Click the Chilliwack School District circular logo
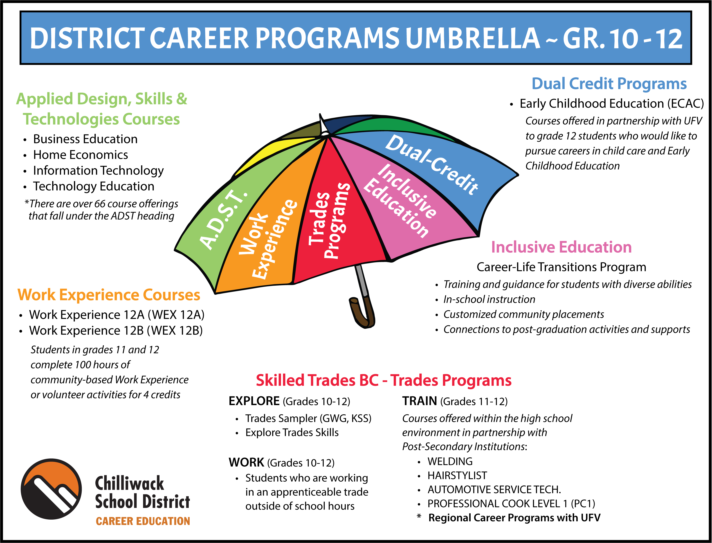pyautogui.click(x=51, y=489)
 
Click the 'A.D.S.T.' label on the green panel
pyautogui.click(x=223, y=220)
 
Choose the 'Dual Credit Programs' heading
pyautogui.click(x=609, y=84)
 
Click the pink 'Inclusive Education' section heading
pyautogui.click(x=562, y=247)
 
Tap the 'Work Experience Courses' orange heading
pyautogui.click(x=109, y=295)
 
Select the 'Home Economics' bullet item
pyautogui.click(x=81, y=155)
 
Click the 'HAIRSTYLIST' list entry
pyautogui.click(x=457, y=476)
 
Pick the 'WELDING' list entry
pyautogui.click(x=450, y=461)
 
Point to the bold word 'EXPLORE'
pyautogui.click(x=254, y=401)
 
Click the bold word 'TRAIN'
pyautogui.click(x=420, y=401)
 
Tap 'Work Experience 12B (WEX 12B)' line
pyautogui.click(x=116, y=331)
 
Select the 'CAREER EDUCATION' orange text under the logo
pyautogui.click(x=143, y=521)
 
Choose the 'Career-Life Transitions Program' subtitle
pyautogui.click(x=562, y=267)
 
